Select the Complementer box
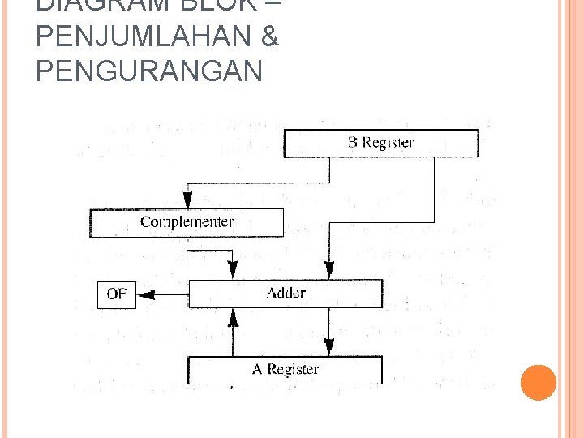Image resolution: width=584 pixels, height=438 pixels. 187,222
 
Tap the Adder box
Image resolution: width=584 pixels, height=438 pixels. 286,293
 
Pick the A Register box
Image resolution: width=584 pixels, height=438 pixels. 286,370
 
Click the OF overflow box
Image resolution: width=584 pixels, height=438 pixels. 117,294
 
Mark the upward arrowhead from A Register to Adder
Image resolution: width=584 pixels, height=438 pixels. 234,317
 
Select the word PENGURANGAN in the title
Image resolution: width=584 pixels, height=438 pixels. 149,71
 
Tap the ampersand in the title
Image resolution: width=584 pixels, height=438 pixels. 269,37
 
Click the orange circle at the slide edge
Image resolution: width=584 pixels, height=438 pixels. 539,382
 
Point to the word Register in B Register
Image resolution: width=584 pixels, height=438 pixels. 388,143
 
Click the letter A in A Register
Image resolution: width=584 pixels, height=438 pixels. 257,370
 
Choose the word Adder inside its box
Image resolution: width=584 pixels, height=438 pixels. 286,293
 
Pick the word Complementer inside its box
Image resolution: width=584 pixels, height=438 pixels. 187,222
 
